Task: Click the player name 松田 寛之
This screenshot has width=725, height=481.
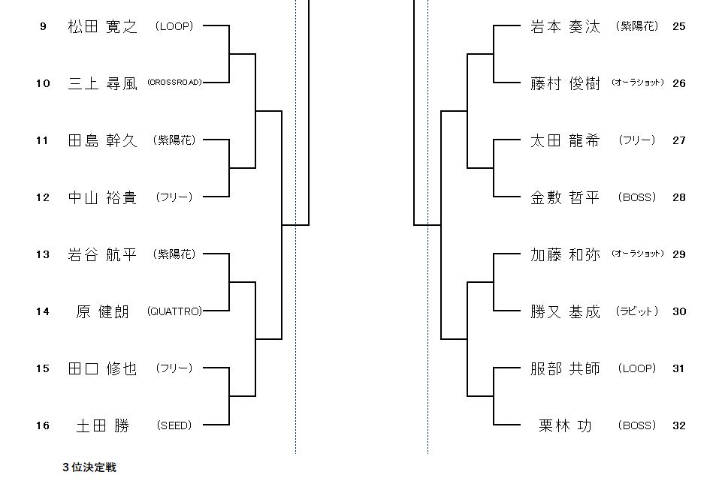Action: [102, 27]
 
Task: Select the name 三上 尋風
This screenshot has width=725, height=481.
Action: [102, 84]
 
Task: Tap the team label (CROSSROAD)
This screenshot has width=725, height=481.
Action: [174, 83]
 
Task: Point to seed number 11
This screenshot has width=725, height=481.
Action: [44, 141]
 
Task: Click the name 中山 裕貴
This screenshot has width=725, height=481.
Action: [102, 198]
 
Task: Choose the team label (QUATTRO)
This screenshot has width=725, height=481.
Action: [174, 311]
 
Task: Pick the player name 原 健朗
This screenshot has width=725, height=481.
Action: [102, 312]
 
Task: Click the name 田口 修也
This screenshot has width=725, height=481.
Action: [102, 369]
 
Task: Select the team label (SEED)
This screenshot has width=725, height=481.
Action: [174, 425]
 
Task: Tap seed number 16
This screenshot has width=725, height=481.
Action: [44, 426]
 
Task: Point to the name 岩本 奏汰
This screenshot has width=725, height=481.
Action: [565, 27]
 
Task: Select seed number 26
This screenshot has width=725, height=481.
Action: [679, 84]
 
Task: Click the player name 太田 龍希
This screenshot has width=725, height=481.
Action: [565, 141]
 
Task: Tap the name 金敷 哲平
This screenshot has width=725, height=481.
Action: [565, 198]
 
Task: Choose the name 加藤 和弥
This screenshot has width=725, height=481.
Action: [565, 255]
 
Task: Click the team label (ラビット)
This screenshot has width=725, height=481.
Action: [637, 311]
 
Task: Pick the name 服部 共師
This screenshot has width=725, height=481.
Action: [565, 369]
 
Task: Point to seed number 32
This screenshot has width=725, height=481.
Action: [679, 426]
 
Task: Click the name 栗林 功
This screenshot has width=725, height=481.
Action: [565, 426]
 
